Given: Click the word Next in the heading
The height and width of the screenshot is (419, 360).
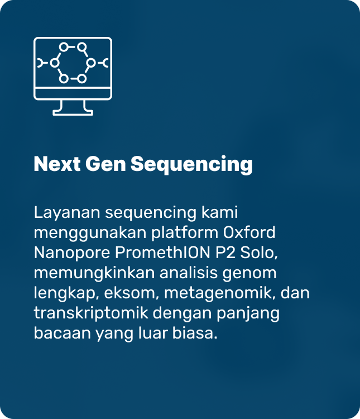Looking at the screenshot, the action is (x=57, y=164).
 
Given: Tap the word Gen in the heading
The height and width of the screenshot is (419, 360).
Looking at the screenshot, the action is (x=105, y=164).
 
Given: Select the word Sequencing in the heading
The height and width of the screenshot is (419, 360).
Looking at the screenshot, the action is (x=191, y=165).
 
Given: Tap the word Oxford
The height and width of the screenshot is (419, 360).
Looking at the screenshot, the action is (x=249, y=232).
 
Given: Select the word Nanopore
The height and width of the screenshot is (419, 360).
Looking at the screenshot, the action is (x=72, y=253).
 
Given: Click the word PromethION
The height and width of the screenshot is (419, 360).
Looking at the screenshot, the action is (x=162, y=253).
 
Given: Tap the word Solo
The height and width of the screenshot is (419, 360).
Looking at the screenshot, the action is (x=259, y=253).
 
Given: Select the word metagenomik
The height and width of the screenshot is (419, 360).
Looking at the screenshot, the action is (x=220, y=294).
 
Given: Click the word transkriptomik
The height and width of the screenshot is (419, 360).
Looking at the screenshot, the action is (x=91, y=313).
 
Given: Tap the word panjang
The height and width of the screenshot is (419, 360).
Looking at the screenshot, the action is (x=248, y=314).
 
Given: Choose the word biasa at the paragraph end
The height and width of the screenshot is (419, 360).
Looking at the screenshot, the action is (x=195, y=333).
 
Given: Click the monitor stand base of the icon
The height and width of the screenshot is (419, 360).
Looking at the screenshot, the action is (x=73, y=112).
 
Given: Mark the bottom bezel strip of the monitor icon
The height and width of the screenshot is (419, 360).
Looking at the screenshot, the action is (x=73, y=93).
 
